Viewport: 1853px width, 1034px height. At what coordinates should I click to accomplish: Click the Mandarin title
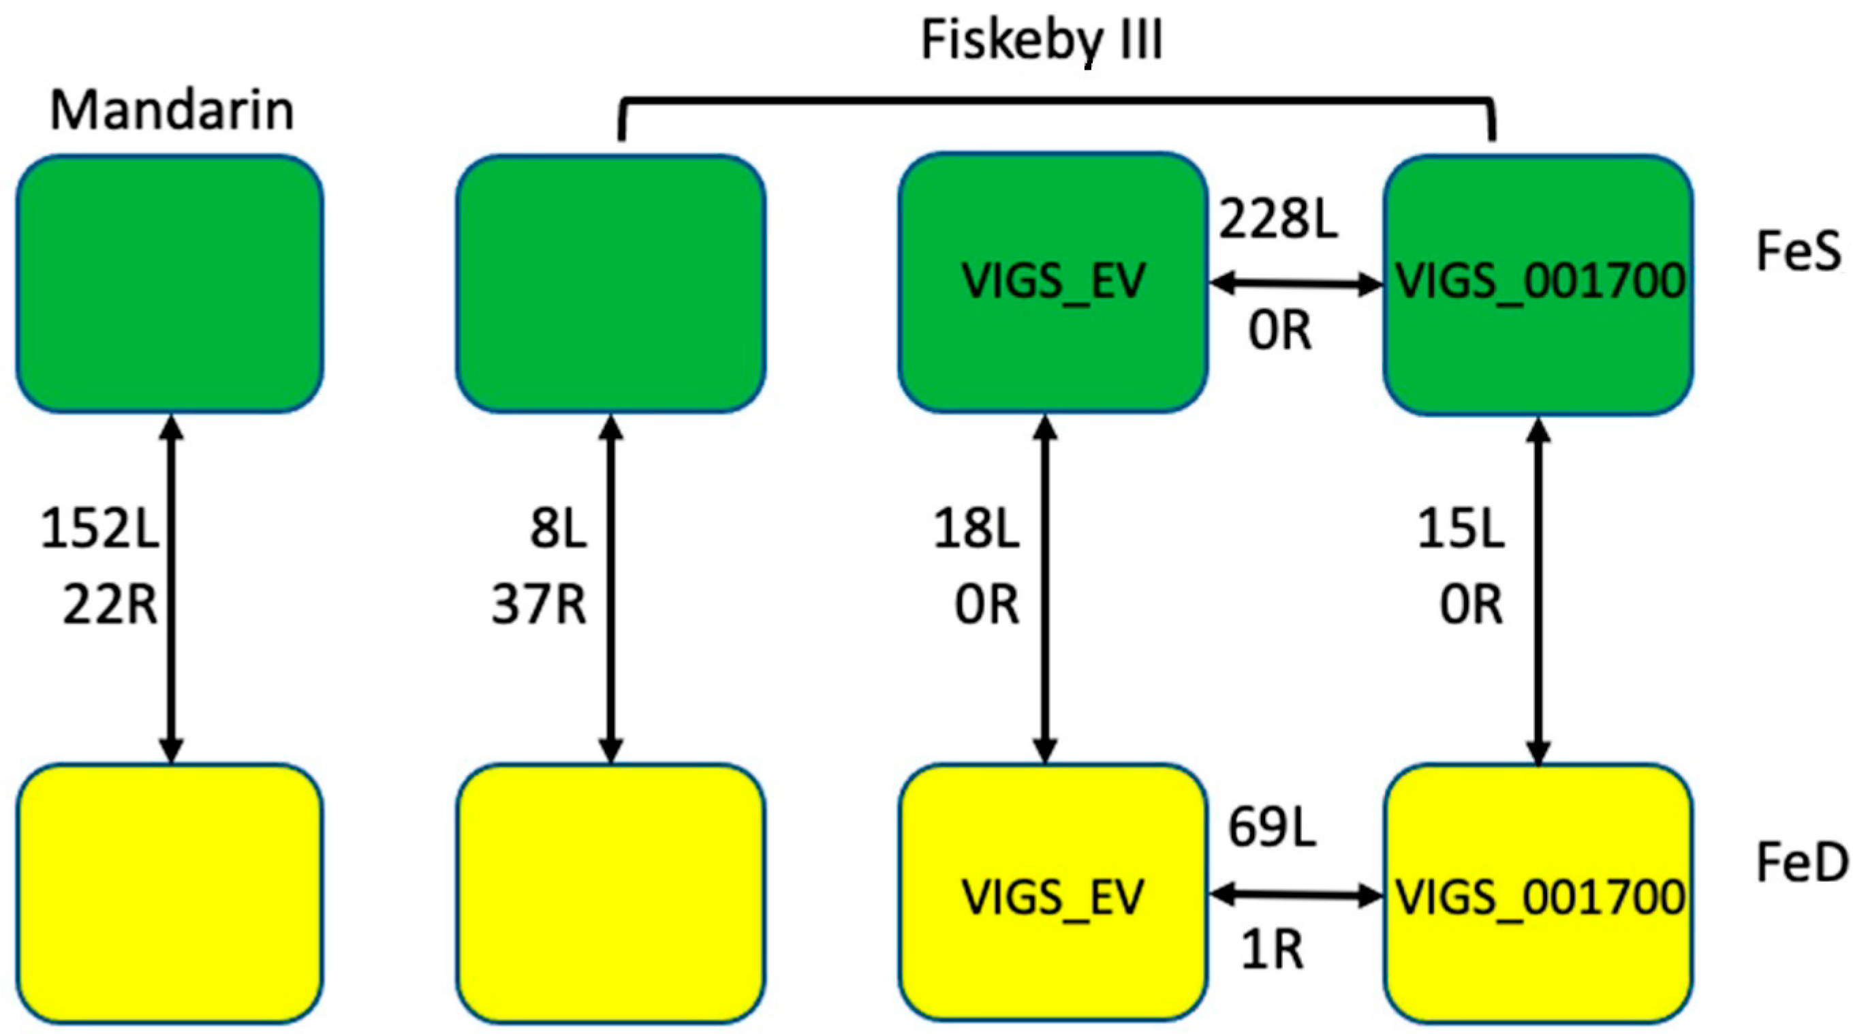[172, 111]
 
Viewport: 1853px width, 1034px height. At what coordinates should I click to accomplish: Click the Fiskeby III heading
[1042, 40]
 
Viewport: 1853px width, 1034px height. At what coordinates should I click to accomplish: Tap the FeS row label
[1798, 251]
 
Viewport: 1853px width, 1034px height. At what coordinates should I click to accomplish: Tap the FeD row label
[1801, 863]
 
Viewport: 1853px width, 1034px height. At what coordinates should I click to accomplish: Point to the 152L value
[99, 530]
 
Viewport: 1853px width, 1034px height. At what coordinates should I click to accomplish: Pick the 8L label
[558, 530]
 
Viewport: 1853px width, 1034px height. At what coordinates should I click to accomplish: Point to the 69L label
[1272, 828]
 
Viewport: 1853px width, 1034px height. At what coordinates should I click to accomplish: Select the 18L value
[976, 530]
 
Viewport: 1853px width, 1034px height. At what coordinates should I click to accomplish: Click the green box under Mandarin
[170, 284]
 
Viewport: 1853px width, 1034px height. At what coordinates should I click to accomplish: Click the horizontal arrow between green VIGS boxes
[1296, 285]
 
